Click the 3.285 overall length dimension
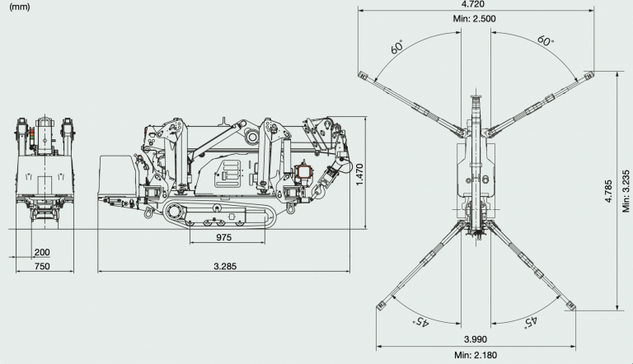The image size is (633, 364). point(225,266)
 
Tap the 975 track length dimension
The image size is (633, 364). point(223,237)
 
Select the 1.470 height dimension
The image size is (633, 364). point(359,175)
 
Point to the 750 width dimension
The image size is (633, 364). point(42,266)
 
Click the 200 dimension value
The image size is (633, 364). point(42,252)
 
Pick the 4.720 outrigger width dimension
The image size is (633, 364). point(472,4)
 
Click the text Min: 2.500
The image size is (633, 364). point(475,19)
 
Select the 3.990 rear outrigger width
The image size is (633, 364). point(476,339)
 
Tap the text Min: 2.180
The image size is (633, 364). point(476,355)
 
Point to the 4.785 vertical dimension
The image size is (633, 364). point(609,191)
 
